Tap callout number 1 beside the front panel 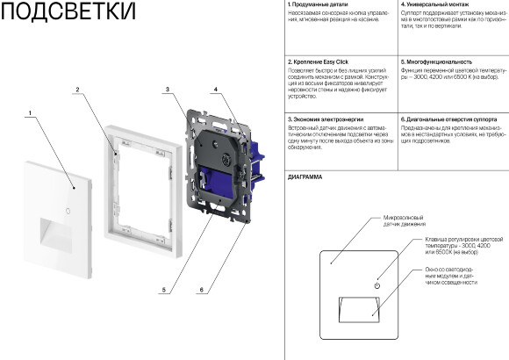pyautogui.click(x=30, y=112)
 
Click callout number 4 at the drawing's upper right pyautogui.click(x=215, y=90)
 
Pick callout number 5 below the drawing pyautogui.click(x=163, y=290)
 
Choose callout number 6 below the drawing pyautogui.click(x=202, y=290)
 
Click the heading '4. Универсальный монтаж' pyautogui.click(x=434, y=5)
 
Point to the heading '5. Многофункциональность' pyautogui.click(x=436, y=62)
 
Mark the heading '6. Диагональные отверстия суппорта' pyautogui.click(x=449, y=119)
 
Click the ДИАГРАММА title pyautogui.click(x=305, y=176)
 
